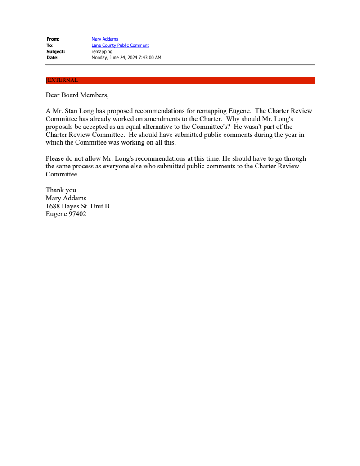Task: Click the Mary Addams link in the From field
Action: click(x=105, y=39)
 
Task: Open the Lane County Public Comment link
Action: click(x=120, y=45)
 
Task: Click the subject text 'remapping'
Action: click(x=102, y=51)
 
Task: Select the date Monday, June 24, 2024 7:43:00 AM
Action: click(x=126, y=58)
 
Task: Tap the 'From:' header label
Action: click(x=53, y=39)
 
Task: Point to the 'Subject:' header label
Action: click(x=55, y=51)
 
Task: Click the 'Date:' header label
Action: click(x=52, y=58)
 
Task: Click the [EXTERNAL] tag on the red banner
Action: click(x=66, y=80)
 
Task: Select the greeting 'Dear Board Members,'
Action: click(x=77, y=95)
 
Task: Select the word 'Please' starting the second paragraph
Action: click(x=54, y=158)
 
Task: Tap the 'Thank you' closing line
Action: click(x=61, y=190)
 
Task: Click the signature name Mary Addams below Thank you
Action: click(x=66, y=198)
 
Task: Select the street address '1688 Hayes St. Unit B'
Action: click(x=77, y=206)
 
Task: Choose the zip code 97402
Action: click(x=77, y=214)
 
